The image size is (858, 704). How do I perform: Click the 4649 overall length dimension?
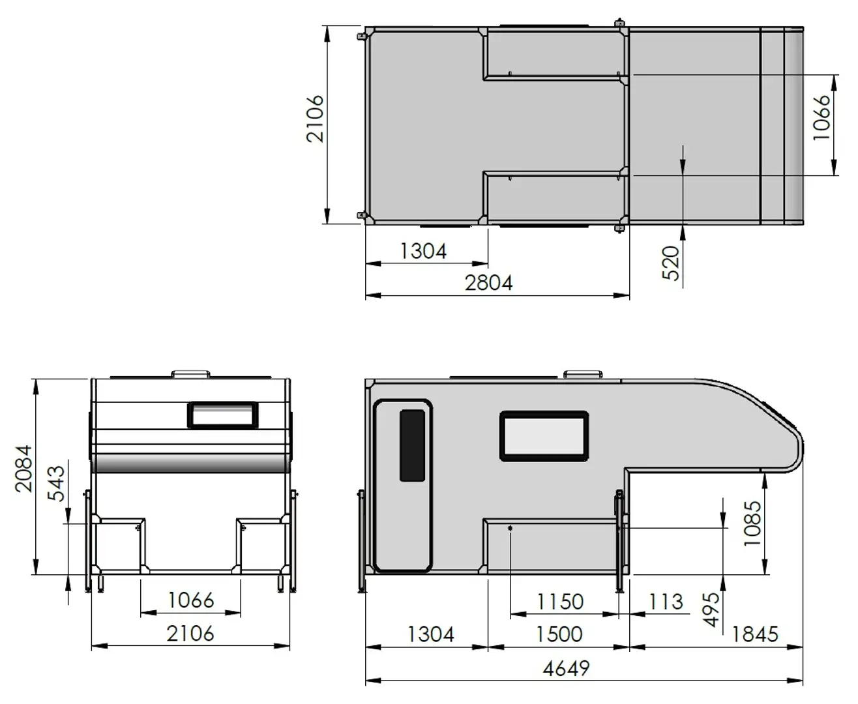[x=566, y=668]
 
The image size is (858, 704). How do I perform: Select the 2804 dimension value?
[x=489, y=283]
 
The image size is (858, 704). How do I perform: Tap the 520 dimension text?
[x=672, y=263]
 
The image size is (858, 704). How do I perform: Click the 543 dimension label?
[x=57, y=484]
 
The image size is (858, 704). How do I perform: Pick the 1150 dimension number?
[x=559, y=601]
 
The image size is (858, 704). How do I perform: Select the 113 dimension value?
[x=666, y=601]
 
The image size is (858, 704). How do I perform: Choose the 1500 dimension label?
[x=559, y=634]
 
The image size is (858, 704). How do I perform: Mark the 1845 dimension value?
[x=755, y=634]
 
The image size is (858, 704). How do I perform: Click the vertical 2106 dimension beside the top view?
[x=316, y=119]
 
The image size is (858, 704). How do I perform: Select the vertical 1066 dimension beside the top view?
[x=823, y=117]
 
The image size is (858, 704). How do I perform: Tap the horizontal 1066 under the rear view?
[x=191, y=600]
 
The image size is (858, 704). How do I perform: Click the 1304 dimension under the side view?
[x=430, y=634]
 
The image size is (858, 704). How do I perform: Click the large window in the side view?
[x=544, y=436]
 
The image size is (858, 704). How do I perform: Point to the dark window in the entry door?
[x=412, y=446]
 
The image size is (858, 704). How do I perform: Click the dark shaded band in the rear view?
[x=191, y=464]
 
